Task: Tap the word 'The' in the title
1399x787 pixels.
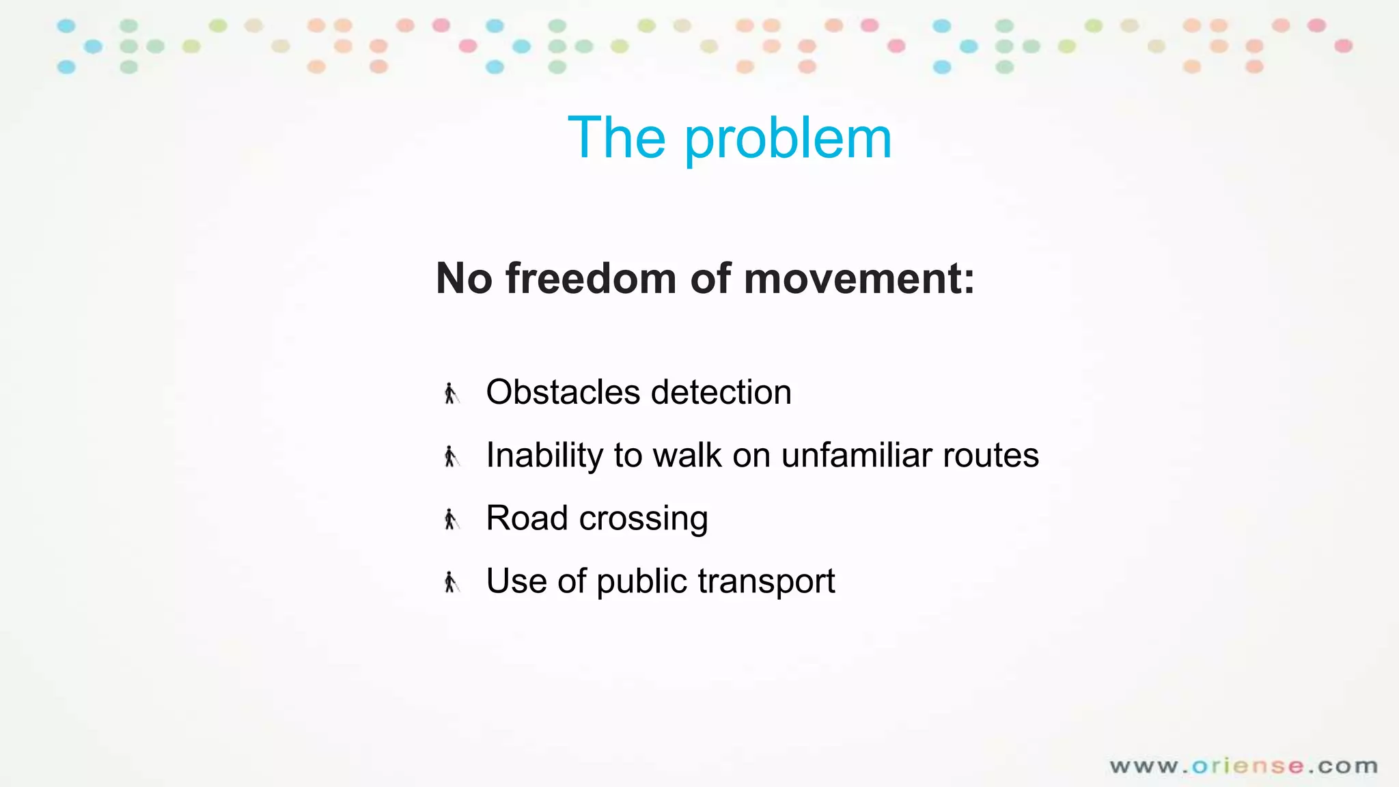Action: [x=616, y=138]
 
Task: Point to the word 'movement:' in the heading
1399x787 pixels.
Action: [x=859, y=279]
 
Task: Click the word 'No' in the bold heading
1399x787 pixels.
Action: [x=464, y=279]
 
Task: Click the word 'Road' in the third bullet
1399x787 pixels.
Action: [x=527, y=519]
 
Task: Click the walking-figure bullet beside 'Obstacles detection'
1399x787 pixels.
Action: [x=451, y=393]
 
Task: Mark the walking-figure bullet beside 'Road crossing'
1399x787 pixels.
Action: [x=451, y=519]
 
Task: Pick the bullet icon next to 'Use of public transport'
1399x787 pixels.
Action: [x=451, y=582]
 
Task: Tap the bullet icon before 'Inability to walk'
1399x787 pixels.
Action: [x=451, y=456]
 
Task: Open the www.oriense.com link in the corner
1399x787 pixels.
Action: [x=1243, y=766]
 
